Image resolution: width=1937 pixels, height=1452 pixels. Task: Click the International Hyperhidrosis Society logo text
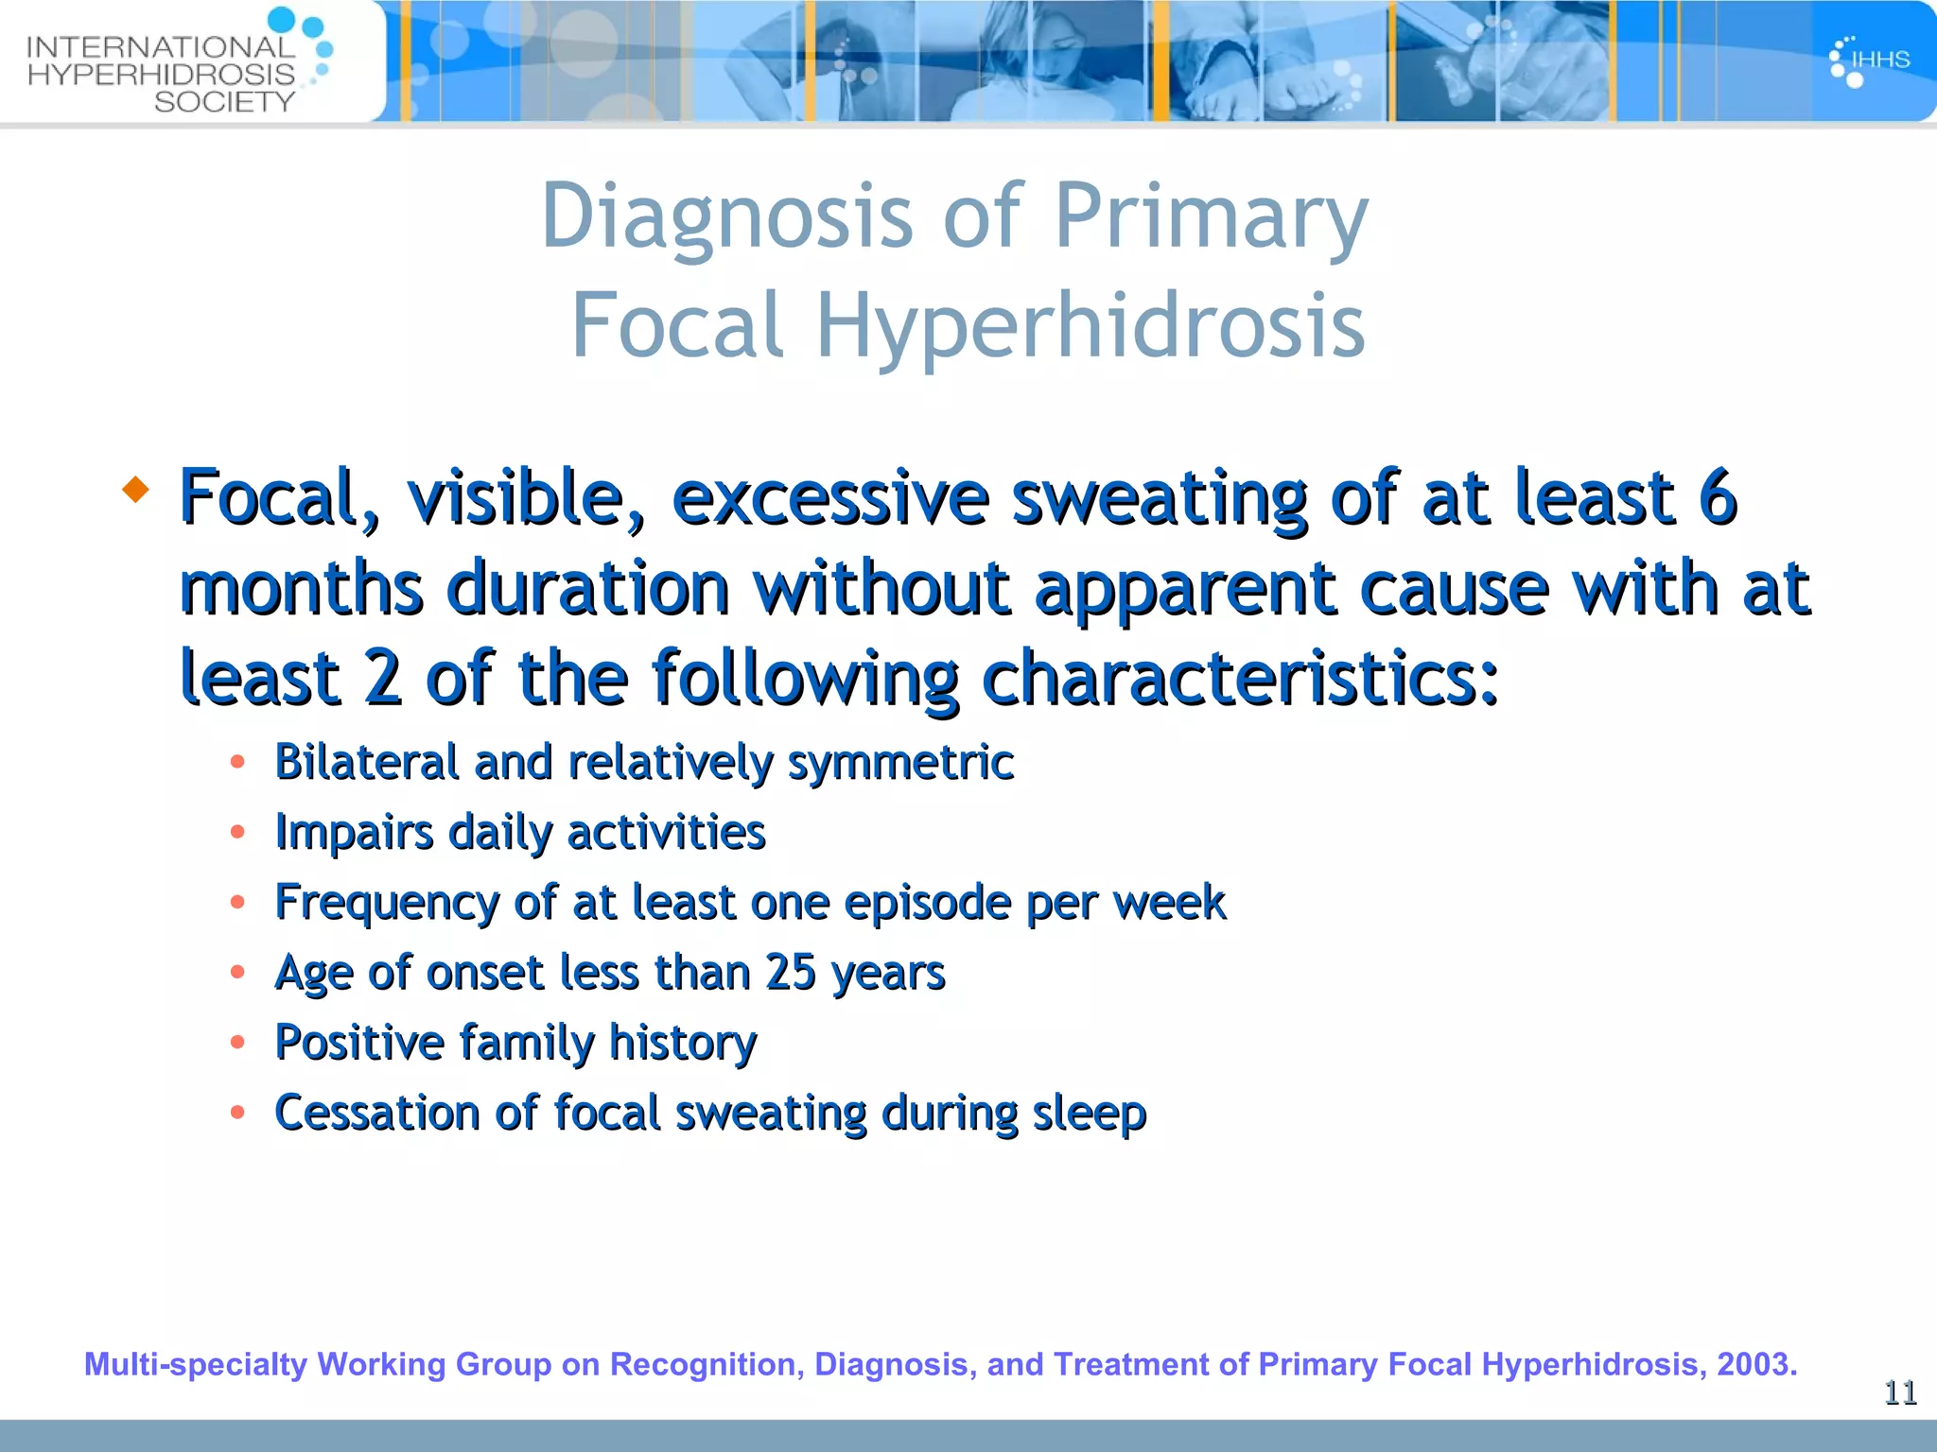[161, 74]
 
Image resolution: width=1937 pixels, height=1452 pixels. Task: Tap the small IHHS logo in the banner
[1869, 60]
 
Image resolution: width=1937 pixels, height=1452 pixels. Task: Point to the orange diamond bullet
[136, 489]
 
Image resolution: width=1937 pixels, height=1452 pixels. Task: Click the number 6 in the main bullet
[1717, 497]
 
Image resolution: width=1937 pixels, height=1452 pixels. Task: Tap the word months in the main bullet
[301, 588]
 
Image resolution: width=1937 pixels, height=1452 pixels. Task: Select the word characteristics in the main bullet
[1239, 678]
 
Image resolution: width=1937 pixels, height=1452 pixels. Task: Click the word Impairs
[353, 833]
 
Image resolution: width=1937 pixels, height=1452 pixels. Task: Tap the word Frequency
[386, 903]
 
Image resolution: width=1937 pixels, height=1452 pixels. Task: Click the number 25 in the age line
[790, 972]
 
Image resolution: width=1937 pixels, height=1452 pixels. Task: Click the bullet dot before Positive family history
[237, 1042]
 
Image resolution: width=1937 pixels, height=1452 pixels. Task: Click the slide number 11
[1900, 1392]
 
